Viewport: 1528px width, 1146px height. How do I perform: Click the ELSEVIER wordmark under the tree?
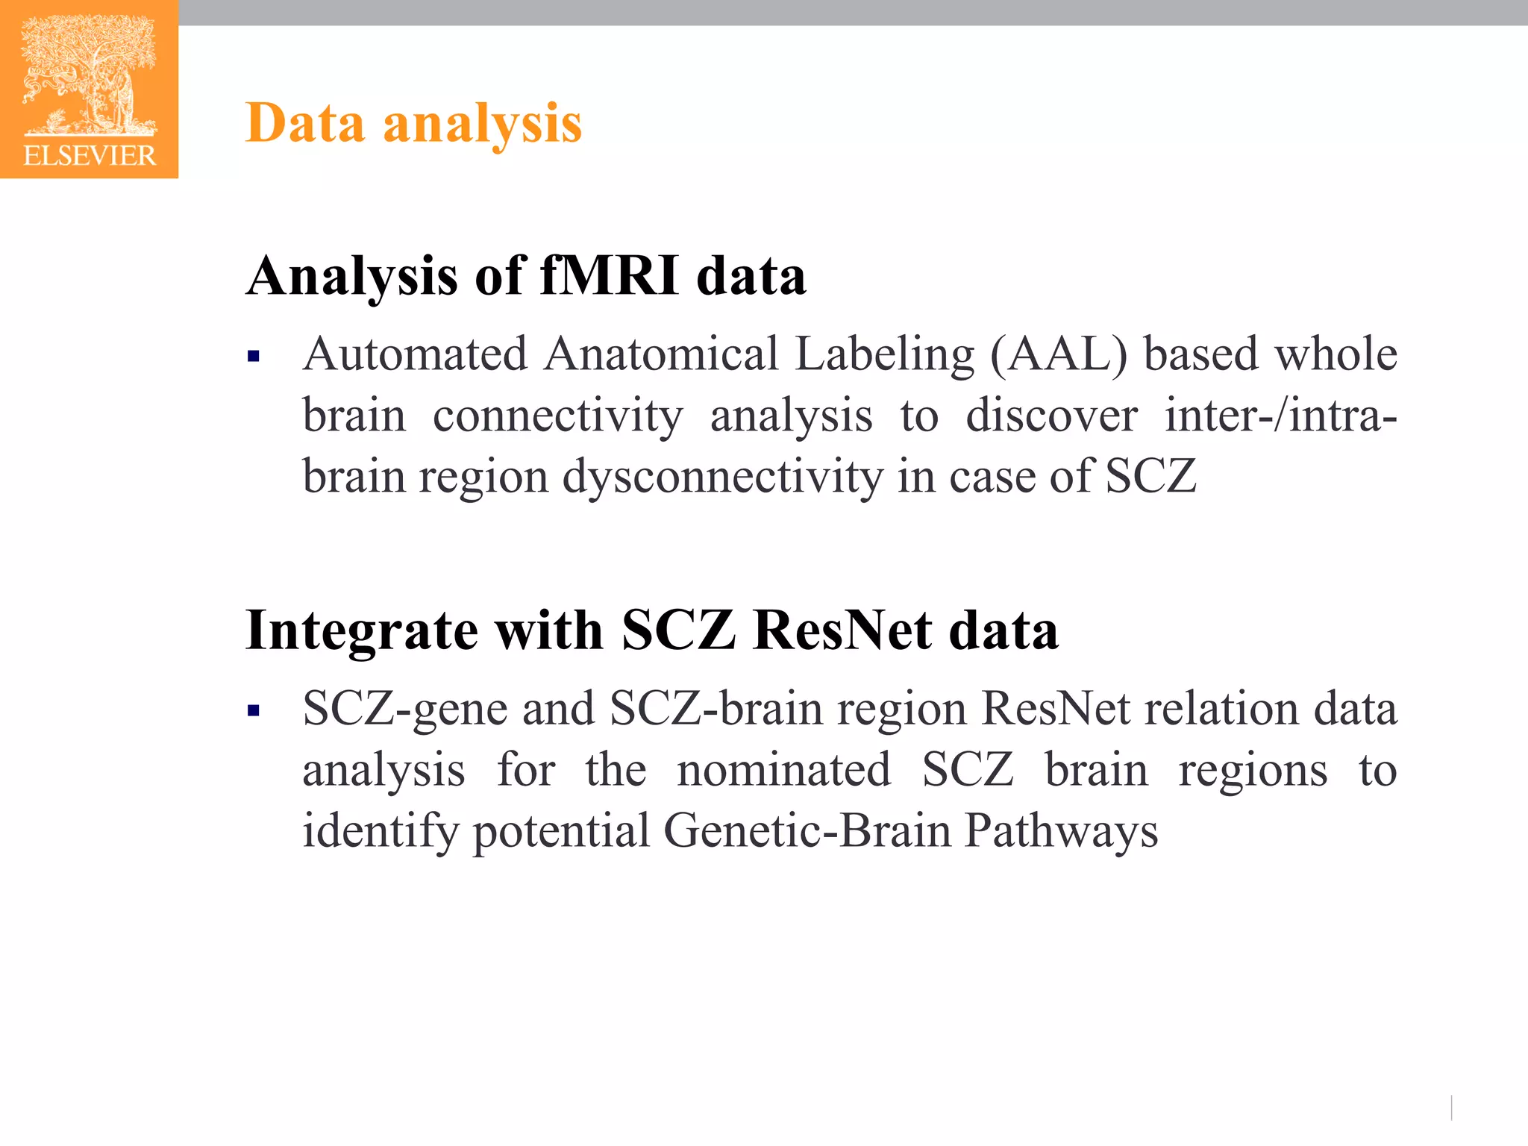tap(90, 155)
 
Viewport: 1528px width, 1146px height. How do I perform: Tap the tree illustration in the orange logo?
tap(90, 75)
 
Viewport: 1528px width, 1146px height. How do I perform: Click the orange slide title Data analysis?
tap(413, 124)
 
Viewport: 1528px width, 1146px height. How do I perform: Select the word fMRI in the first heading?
tap(609, 276)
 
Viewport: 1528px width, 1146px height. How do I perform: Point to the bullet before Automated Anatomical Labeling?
tap(254, 357)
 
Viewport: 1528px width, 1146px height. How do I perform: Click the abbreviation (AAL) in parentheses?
tap(1059, 354)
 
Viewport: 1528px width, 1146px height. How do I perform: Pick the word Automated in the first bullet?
tap(416, 354)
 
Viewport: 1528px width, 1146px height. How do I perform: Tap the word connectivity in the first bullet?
tap(557, 416)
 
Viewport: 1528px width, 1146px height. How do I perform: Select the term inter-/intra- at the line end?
tap(1280, 416)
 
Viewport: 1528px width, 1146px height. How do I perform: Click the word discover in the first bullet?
tap(1051, 416)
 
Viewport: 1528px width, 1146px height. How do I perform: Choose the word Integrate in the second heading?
tap(361, 631)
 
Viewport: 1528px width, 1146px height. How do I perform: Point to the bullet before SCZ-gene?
tap(254, 711)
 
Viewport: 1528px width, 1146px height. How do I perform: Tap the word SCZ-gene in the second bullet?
tap(405, 709)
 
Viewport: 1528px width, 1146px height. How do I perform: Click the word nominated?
tap(783, 770)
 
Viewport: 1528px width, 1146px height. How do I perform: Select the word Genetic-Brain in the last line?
tap(807, 830)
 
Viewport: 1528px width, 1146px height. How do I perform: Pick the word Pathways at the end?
tap(1061, 830)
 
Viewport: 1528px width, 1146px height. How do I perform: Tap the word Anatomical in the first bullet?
tap(661, 354)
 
